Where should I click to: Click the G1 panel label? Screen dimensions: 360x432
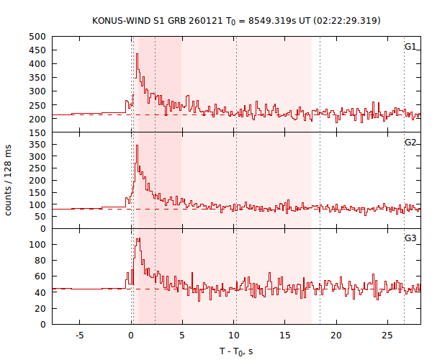410,47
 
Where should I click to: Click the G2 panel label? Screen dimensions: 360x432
410,143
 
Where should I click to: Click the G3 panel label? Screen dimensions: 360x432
410,238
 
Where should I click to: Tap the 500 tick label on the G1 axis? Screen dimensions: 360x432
37,37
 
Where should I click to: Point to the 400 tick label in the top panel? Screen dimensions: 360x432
37,64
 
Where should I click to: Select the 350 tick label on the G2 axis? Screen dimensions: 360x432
37,145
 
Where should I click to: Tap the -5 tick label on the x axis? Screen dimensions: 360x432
80,336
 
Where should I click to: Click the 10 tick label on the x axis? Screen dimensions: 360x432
233,336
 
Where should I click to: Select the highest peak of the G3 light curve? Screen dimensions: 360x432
138,238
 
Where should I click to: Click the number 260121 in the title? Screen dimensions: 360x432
194,20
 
